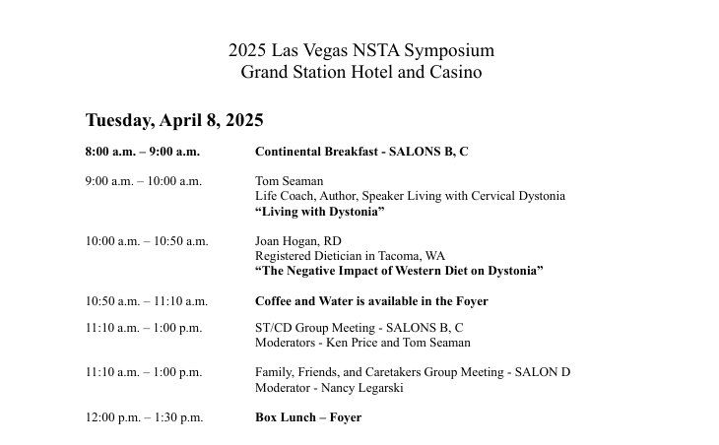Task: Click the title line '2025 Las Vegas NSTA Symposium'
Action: point(360,50)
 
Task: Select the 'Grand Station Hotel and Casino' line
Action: point(360,72)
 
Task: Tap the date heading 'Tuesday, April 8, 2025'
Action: point(174,120)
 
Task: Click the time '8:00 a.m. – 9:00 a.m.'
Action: point(142,152)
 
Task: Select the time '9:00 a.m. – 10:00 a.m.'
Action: point(144,181)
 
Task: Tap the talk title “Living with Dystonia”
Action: point(319,212)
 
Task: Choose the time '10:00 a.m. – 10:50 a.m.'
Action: point(147,241)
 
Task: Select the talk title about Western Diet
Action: point(399,271)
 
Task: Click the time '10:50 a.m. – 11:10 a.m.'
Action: point(147,301)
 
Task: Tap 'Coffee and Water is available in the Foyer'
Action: point(371,301)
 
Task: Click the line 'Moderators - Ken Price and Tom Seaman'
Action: point(362,343)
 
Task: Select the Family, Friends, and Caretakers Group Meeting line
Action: point(413,372)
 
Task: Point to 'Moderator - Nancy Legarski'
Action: point(329,387)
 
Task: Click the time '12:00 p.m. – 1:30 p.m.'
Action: point(144,417)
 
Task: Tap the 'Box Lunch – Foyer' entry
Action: point(308,417)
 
